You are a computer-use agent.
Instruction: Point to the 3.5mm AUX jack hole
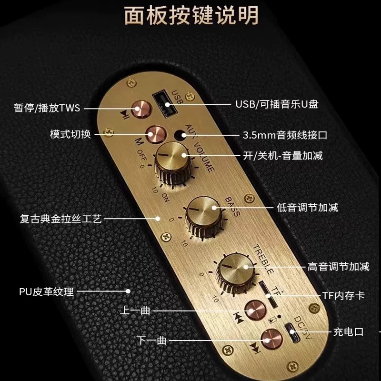point(180,134)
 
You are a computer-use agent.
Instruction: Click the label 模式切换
point(70,134)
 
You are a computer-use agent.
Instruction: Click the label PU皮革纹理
point(47,291)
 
